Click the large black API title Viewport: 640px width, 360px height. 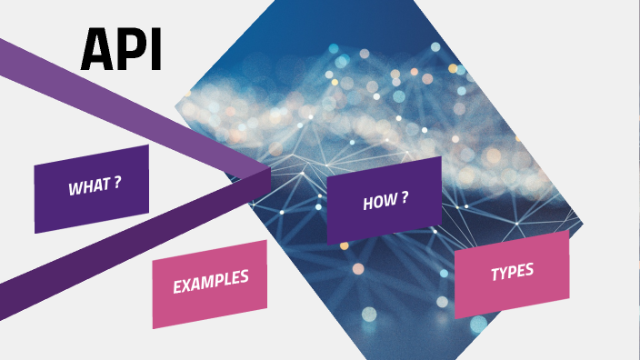point(121,50)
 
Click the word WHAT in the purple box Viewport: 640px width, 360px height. point(88,187)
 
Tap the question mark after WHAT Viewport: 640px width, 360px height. point(118,183)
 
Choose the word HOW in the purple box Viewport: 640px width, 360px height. point(378,202)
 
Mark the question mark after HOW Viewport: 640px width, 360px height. point(403,198)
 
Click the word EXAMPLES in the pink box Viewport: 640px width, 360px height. point(210,283)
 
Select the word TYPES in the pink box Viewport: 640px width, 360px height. point(512,272)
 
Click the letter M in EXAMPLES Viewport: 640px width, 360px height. point(210,283)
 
